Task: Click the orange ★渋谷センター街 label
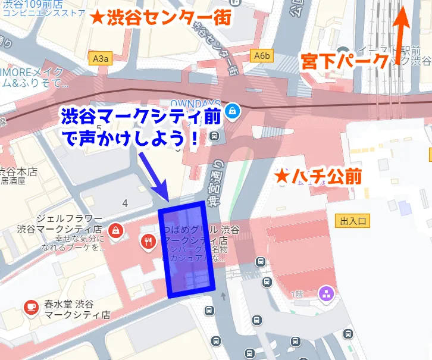(160, 18)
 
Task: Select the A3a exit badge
(101, 58)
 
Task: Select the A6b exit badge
(262, 56)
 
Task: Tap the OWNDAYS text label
(195, 104)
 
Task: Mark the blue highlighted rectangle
(187, 249)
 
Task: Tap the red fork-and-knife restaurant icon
(148, 242)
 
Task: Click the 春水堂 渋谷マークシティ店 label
(71, 308)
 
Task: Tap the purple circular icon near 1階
(326, 292)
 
